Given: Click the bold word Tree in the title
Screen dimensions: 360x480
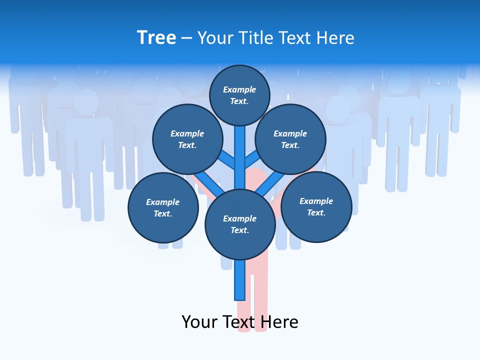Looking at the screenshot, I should pyautogui.click(x=156, y=37).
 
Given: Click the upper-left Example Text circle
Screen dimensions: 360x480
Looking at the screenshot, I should pyautogui.click(x=187, y=139).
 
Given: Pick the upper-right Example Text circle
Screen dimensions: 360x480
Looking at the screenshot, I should pyautogui.click(x=290, y=139).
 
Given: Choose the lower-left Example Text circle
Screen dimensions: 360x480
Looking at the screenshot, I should pyautogui.click(x=162, y=207).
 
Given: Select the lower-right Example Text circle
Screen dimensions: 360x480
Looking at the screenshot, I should pyautogui.click(x=316, y=206).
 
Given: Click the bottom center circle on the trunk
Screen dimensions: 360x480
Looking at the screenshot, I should pyautogui.click(x=239, y=224).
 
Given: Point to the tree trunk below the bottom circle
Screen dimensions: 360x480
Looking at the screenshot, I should pyautogui.click(x=240, y=280).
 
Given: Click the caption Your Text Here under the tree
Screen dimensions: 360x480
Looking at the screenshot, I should pyautogui.click(x=239, y=321).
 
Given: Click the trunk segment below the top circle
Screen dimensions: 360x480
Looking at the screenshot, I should pyautogui.click(x=239, y=150).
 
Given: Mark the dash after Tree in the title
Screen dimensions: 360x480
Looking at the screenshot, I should pyautogui.click(x=186, y=38).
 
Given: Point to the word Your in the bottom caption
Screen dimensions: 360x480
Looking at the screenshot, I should pyautogui.click(x=199, y=321).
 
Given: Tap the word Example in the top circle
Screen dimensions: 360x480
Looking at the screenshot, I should pyautogui.click(x=239, y=89).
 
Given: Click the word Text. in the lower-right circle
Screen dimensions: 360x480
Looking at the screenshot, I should pyautogui.click(x=316, y=212).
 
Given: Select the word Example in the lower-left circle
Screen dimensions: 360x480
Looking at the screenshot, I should pyautogui.click(x=162, y=202).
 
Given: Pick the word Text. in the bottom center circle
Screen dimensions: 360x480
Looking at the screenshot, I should pyautogui.click(x=239, y=230).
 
